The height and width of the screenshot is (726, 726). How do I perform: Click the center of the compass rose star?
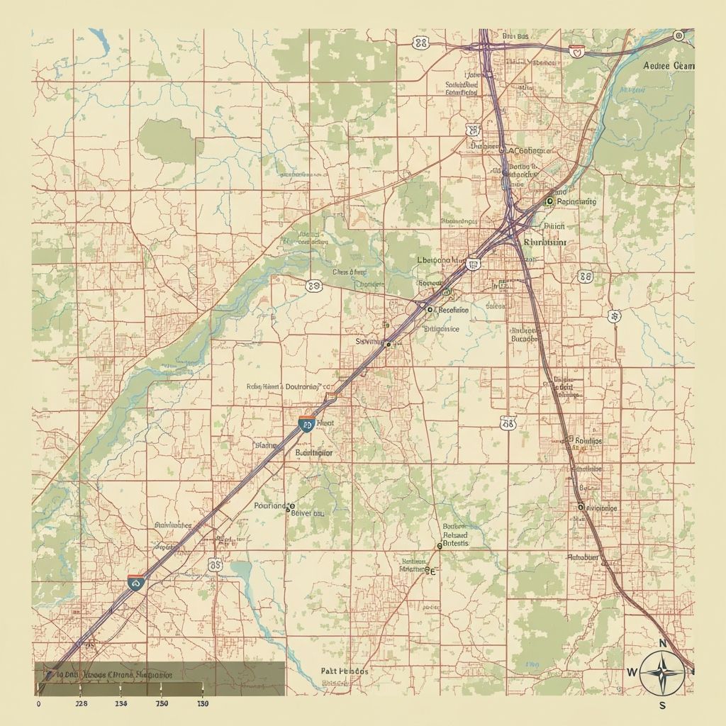pyautogui.click(x=663, y=672)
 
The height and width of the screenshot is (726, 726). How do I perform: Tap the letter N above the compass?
pyautogui.click(x=664, y=644)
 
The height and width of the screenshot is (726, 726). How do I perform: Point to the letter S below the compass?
pyautogui.click(x=662, y=705)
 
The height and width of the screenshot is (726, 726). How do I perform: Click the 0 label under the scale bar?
pyautogui.click(x=38, y=704)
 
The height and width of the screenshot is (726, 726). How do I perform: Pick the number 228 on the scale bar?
pyautogui.click(x=82, y=704)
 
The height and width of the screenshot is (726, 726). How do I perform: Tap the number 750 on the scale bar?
pyautogui.click(x=162, y=704)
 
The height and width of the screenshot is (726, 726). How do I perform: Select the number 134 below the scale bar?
pyautogui.click(x=121, y=704)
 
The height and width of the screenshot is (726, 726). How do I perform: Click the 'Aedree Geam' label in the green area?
pyautogui.click(x=669, y=66)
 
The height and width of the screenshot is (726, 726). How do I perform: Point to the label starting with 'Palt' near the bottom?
pyautogui.click(x=345, y=670)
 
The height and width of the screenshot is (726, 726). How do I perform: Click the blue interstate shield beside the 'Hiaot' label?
pyautogui.click(x=306, y=425)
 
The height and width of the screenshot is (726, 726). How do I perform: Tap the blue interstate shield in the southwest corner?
pyautogui.click(x=135, y=582)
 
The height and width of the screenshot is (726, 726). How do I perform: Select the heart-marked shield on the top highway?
pyautogui.click(x=578, y=50)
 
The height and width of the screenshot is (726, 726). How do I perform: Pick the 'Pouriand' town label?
pyautogui.click(x=272, y=506)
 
